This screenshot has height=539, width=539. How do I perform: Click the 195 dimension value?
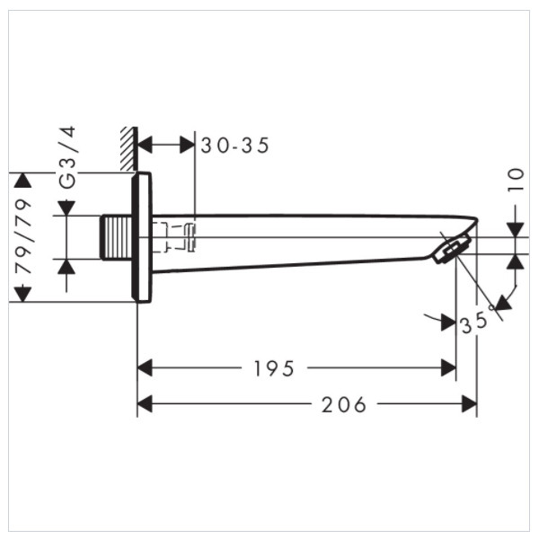(274, 368)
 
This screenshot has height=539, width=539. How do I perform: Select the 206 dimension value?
(344, 404)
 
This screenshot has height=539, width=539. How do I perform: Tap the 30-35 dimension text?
(234, 146)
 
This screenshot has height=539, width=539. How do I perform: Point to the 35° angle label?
(477, 321)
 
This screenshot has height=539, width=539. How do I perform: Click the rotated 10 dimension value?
(516, 180)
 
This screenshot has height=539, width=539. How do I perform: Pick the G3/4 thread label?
(67, 157)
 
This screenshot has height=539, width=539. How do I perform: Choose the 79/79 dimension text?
(23, 236)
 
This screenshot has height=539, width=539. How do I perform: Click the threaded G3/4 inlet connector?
(116, 237)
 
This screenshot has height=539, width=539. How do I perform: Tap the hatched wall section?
(128, 148)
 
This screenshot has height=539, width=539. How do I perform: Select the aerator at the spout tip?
(451, 249)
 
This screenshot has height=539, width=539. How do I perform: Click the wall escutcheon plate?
(142, 237)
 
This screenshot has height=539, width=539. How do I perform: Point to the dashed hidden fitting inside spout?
(174, 237)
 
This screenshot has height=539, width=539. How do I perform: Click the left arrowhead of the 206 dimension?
(145, 404)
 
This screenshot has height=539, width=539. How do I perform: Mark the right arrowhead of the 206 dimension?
(470, 404)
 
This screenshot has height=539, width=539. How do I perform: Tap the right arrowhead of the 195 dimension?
(448, 367)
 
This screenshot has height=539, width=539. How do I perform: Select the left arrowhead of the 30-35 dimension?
(145, 145)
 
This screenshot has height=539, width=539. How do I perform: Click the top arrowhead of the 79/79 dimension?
(22, 181)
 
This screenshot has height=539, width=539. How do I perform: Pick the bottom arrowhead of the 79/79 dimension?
(22, 295)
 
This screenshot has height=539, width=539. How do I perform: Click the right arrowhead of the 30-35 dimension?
(188, 145)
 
